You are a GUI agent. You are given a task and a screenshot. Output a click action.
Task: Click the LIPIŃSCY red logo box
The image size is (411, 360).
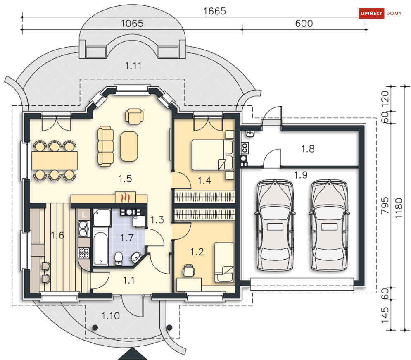coord(371,13)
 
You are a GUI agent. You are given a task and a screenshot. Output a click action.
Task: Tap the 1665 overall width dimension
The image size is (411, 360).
coord(214,11)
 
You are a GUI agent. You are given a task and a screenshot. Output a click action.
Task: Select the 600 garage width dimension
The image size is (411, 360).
coord(304,24)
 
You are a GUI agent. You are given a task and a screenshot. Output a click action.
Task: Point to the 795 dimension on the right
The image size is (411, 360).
coord(385,205)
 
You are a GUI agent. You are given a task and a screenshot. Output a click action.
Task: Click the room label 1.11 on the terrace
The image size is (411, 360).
coord(133,66)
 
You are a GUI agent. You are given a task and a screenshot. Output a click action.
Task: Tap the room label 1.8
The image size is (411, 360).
coord(308,149)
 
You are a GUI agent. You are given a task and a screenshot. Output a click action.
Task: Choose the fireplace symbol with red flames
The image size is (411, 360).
coord(125,197)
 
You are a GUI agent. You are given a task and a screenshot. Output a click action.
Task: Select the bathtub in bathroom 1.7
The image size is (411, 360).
coord(100,248)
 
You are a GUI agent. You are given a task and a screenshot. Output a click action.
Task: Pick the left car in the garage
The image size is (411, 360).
coord(275,225)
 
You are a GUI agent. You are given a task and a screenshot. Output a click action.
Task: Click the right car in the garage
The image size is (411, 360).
coord(329,225)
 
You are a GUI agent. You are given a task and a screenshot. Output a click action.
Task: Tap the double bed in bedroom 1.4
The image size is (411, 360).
coord(212,155)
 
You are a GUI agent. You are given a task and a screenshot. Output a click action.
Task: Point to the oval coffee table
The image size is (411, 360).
coord(129,146)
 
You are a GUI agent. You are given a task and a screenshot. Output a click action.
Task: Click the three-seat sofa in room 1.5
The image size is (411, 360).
coord(106,146)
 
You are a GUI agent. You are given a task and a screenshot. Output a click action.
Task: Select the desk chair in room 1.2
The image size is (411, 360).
coord(189,270)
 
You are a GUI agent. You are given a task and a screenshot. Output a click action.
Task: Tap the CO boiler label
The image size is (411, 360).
coord(245,148)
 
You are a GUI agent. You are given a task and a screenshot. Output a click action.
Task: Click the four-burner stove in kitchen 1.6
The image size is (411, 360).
coord(84,253)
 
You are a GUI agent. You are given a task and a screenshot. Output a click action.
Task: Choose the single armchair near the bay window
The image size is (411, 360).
coord(134,116)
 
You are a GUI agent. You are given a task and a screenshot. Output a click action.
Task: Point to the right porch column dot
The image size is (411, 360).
coord(170,327)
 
